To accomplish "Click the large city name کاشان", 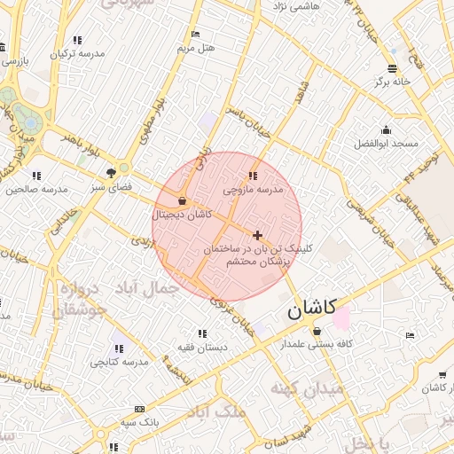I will click(311, 309).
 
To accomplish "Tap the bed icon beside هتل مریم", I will click(195, 34).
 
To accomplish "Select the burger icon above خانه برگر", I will click(392, 68).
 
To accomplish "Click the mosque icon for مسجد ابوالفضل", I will click(386, 129).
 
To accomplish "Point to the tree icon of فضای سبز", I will click(111, 173).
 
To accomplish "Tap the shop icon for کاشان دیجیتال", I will click(182, 200).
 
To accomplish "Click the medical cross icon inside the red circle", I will click(257, 235).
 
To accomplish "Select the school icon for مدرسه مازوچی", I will click(254, 176).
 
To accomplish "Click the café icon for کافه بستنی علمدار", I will click(317, 331).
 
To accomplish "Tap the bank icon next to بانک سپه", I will click(139, 409).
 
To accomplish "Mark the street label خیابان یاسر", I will click(245, 121).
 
